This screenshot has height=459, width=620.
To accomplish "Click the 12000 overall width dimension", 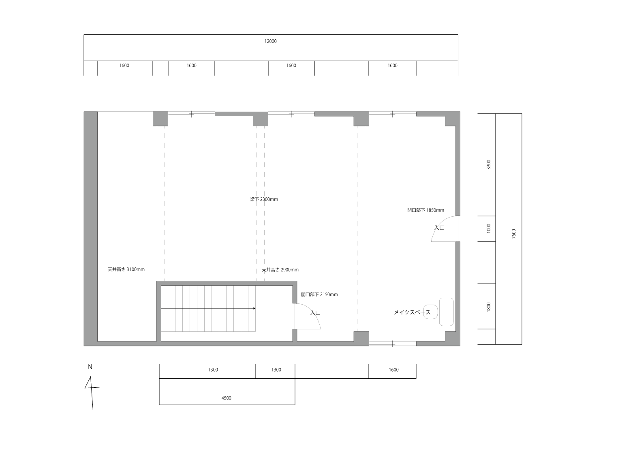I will pos(271,41).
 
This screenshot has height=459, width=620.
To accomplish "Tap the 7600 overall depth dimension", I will pos(514,234).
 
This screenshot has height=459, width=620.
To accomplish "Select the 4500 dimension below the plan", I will pos(227,398).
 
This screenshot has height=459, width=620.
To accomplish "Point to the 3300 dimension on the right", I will pos(489,164).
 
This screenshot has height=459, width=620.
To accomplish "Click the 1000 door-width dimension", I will pos(489,228).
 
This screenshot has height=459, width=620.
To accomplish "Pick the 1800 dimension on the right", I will pos(489,307).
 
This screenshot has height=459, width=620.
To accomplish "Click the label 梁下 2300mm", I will pos(264,199).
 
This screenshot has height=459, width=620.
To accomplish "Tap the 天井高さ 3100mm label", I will pos(126,269).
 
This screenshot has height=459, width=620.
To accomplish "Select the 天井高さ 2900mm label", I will pos(280,270).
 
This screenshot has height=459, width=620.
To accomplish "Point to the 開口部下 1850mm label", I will pos(425,210).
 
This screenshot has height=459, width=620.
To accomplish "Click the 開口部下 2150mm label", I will pos(319,295).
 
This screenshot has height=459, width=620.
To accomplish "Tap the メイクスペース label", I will pos(412,312).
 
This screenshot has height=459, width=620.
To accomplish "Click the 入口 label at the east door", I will pos(439,228).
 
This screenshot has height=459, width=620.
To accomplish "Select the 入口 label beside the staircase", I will pos(315,313).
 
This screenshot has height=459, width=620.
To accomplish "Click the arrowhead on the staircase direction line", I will pos(254,309).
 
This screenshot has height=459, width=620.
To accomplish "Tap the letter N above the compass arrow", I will pos(90,367).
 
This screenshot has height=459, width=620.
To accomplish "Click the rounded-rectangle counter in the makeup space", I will pos(447,312).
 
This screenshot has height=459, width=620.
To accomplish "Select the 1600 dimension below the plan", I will pos(393,370).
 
